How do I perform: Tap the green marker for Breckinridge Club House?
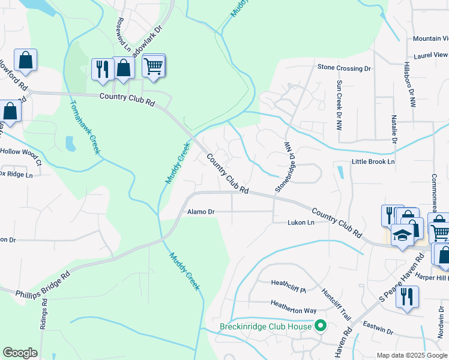click(x=321, y=326)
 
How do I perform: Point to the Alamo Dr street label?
click(x=200, y=212)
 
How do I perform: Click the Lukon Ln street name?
click(x=301, y=223)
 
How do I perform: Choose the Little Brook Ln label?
click(x=373, y=162)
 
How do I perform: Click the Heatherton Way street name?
click(x=293, y=310)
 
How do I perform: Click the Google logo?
click(x=20, y=353)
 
